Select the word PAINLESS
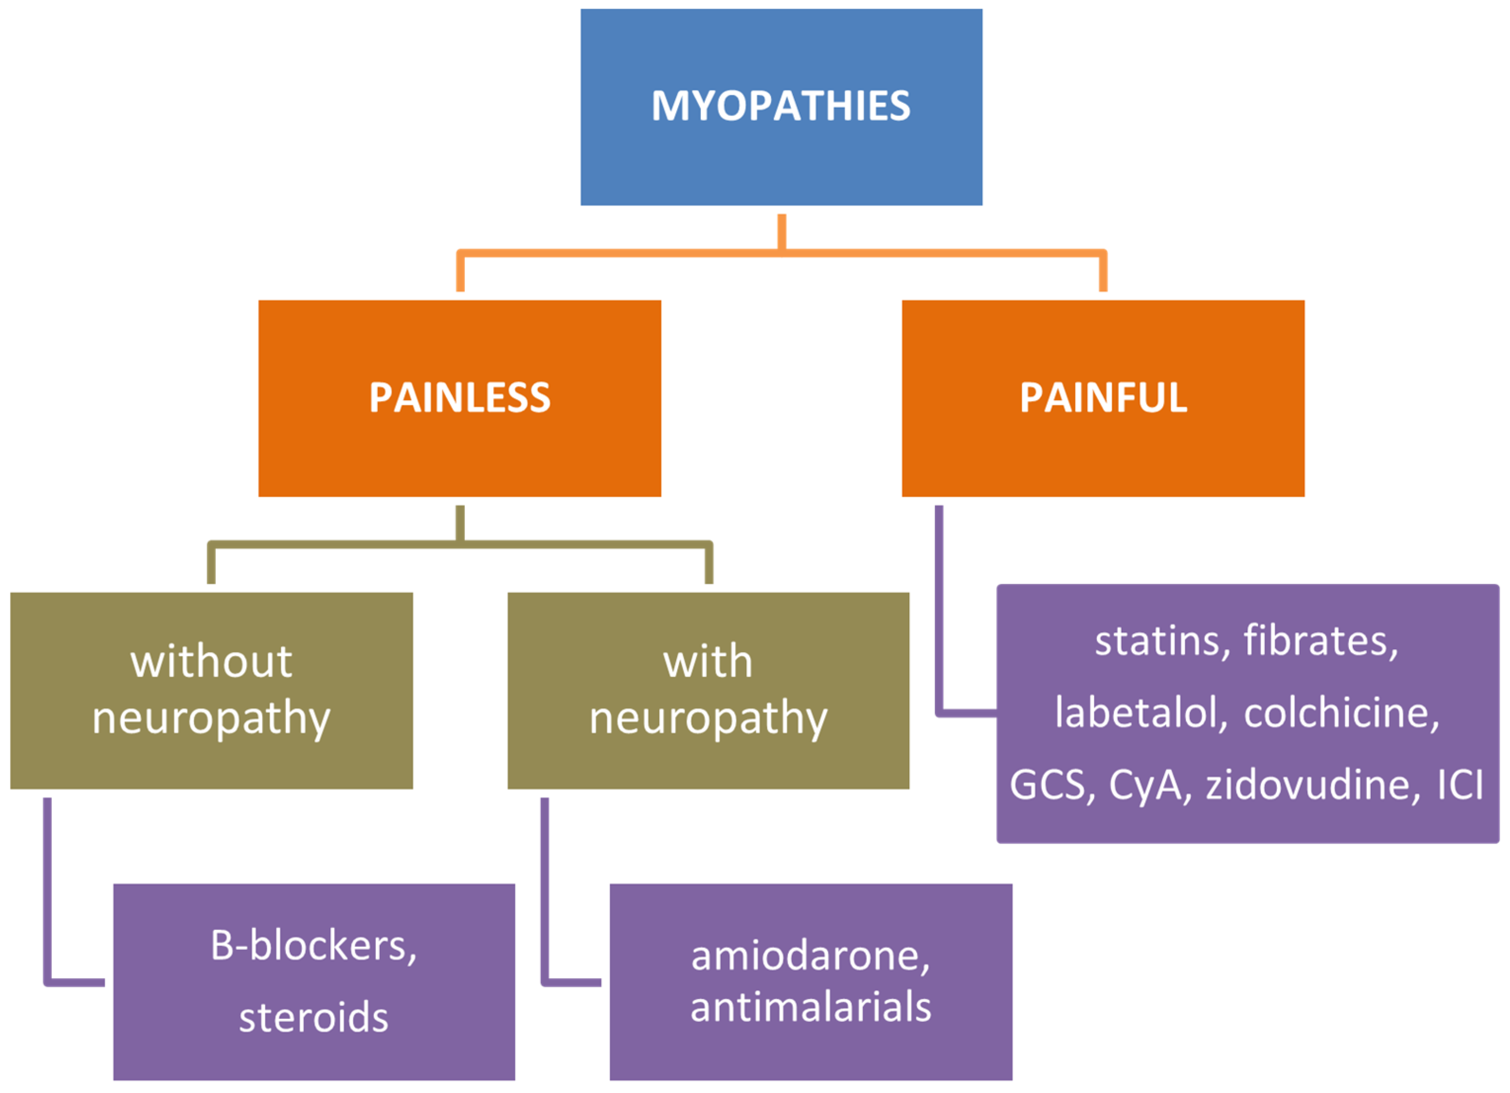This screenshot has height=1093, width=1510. (x=459, y=398)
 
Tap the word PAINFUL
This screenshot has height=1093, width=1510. (x=1103, y=398)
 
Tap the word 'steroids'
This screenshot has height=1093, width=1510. (x=314, y=1018)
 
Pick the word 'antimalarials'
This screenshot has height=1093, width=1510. (x=810, y=1007)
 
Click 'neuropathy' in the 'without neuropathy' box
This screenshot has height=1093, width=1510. (x=211, y=719)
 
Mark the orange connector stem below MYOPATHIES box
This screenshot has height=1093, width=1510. (x=781, y=231)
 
